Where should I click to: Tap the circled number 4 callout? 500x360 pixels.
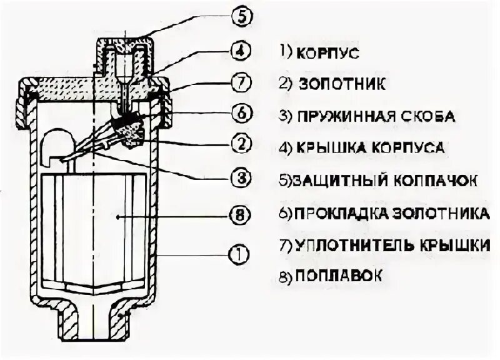click(241, 51)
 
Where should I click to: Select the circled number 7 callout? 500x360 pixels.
click(241, 81)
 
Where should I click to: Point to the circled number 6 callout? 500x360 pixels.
click(241, 113)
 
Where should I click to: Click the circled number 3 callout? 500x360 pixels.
click(241, 179)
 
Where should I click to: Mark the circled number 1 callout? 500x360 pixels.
click(241, 254)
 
